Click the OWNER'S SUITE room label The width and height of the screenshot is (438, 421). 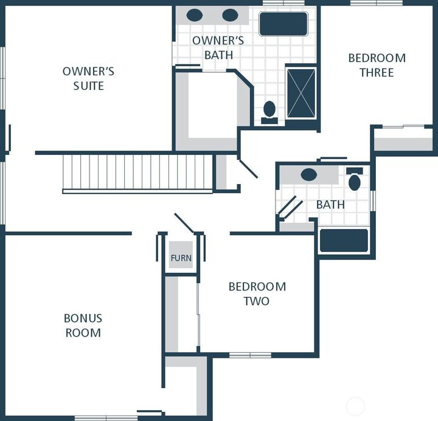[x=88, y=78]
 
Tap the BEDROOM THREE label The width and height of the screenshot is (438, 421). [x=377, y=65]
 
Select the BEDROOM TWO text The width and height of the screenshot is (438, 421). [x=257, y=293]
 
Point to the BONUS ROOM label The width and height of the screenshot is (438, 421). [x=83, y=325]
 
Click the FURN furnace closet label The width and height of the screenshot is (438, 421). [x=181, y=258]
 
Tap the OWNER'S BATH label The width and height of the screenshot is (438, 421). [x=218, y=48]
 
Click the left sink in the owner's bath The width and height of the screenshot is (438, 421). [x=195, y=15]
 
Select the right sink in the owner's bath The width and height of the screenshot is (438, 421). [x=230, y=15]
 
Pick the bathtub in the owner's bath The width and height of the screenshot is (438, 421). [x=283, y=24]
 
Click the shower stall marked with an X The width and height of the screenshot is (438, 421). [x=301, y=93]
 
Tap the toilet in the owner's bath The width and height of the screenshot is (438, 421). [x=269, y=111]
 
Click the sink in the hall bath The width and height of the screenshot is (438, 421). [x=308, y=175]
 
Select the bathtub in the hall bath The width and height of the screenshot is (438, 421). [x=344, y=241]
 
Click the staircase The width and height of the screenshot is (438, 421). [x=137, y=173]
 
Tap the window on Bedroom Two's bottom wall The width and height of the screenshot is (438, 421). [x=250, y=355]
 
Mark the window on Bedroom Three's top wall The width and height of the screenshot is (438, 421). [x=376, y=3]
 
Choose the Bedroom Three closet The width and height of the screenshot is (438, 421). [x=403, y=140]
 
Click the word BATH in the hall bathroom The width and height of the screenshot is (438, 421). [x=330, y=205]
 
